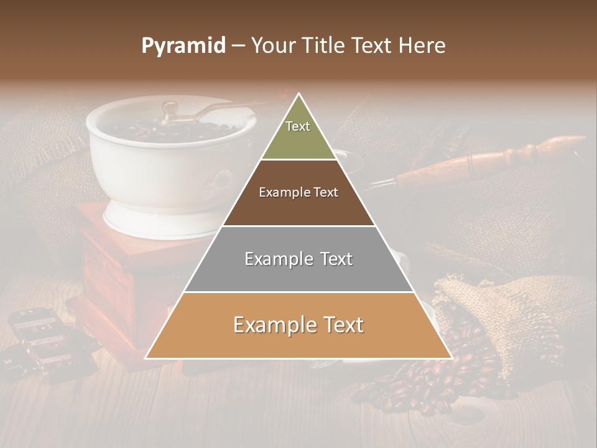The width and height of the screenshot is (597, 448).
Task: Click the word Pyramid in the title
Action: tap(183, 46)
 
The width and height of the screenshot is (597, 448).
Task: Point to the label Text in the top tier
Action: tap(298, 126)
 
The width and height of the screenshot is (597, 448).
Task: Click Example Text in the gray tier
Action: tap(298, 259)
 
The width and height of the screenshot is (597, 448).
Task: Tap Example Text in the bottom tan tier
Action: tap(298, 325)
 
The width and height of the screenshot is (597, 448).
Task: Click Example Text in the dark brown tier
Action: tap(298, 192)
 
